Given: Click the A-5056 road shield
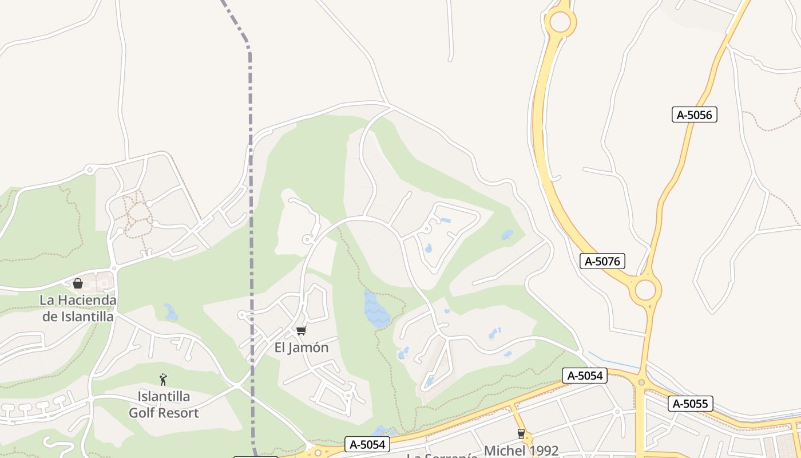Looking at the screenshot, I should [694, 114].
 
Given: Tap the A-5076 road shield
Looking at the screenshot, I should [602, 262].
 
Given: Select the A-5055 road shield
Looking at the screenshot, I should [691, 404].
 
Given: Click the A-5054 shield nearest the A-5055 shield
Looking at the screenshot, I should [584, 376].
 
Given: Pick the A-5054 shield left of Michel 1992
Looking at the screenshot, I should [367, 444].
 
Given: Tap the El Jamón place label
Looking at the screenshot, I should [302, 348].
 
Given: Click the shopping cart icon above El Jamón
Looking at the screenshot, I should [301, 330].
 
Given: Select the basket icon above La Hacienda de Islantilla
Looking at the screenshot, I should [78, 283].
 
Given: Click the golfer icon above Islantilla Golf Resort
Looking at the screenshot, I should [163, 379].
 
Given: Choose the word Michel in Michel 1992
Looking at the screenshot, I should [503, 451].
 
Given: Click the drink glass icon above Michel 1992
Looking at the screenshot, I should [521, 434].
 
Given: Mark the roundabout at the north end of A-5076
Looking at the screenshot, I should [560, 22].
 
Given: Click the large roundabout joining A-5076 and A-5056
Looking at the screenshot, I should [645, 290].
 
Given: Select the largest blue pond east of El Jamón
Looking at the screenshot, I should [376, 309].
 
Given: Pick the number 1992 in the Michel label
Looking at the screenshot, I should [541, 451].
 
